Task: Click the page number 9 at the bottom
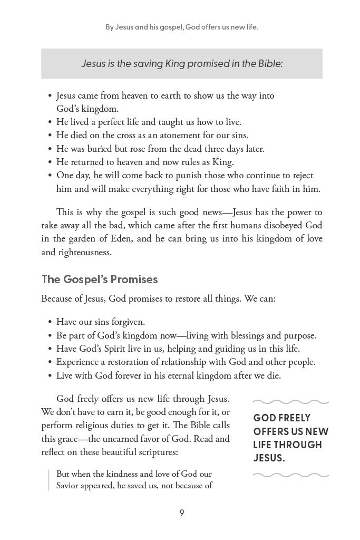(x=181, y=513)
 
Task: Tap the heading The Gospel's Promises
(x=100, y=279)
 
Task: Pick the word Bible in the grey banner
(x=268, y=64)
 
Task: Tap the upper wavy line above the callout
(x=290, y=402)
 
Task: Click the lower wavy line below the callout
(x=290, y=475)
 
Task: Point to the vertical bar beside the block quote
(x=48, y=480)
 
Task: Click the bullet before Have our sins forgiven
(x=50, y=322)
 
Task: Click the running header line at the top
(x=181, y=27)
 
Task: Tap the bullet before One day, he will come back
(x=50, y=176)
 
